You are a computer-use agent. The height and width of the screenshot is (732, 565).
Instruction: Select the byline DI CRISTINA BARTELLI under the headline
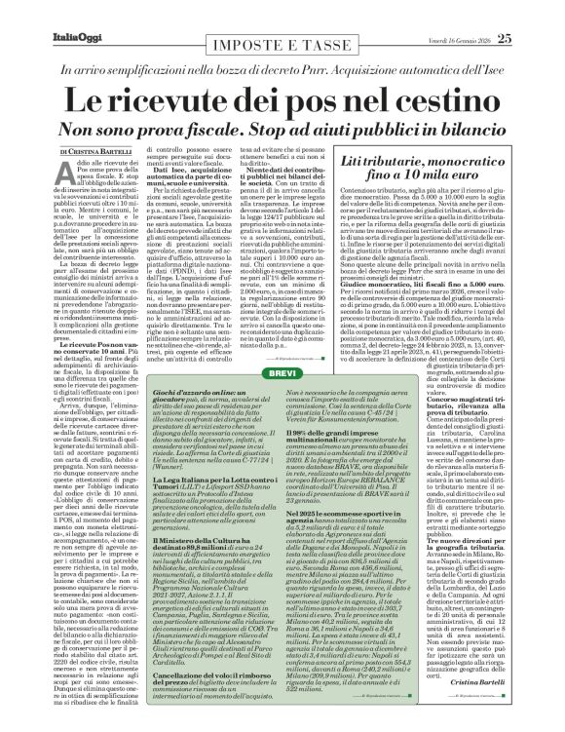coord(64,153)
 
